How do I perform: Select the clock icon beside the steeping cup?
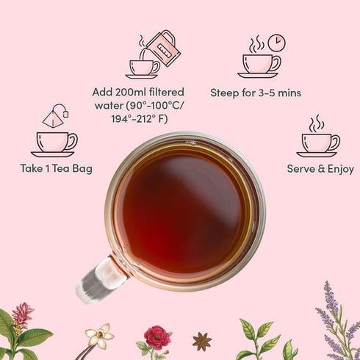[x=276, y=43]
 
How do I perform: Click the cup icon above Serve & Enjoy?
[x=320, y=142]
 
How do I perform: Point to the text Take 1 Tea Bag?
[x=56, y=169]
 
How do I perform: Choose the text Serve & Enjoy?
[x=320, y=169]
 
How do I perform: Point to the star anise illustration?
[x=201, y=342]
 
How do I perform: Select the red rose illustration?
[x=156, y=338]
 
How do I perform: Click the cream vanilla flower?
[x=99, y=336]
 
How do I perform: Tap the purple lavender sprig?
[x=335, y=316]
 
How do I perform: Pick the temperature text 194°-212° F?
[x=138, y=119]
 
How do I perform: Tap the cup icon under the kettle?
[x=142, y=68]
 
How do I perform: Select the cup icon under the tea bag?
[x=54, y=142]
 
